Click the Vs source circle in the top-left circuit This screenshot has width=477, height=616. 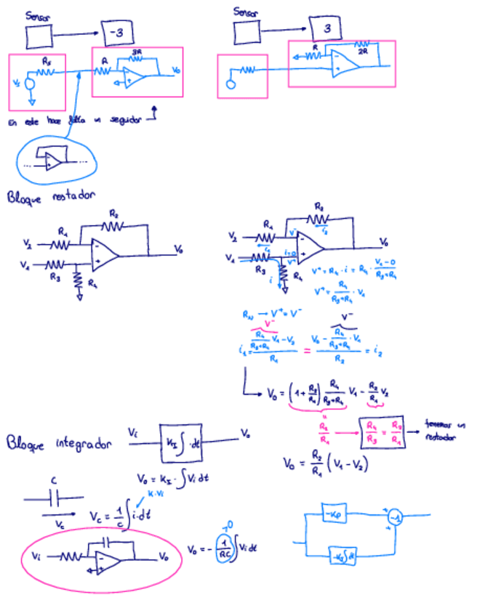(x=30, y=83)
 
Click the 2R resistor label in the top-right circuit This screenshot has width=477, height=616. (x=362, y=51)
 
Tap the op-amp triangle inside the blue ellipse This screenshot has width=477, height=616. (x=51, y=162)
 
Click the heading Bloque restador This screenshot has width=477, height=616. (x=52, y=196)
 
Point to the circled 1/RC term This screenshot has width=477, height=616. (x=226, y=550)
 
